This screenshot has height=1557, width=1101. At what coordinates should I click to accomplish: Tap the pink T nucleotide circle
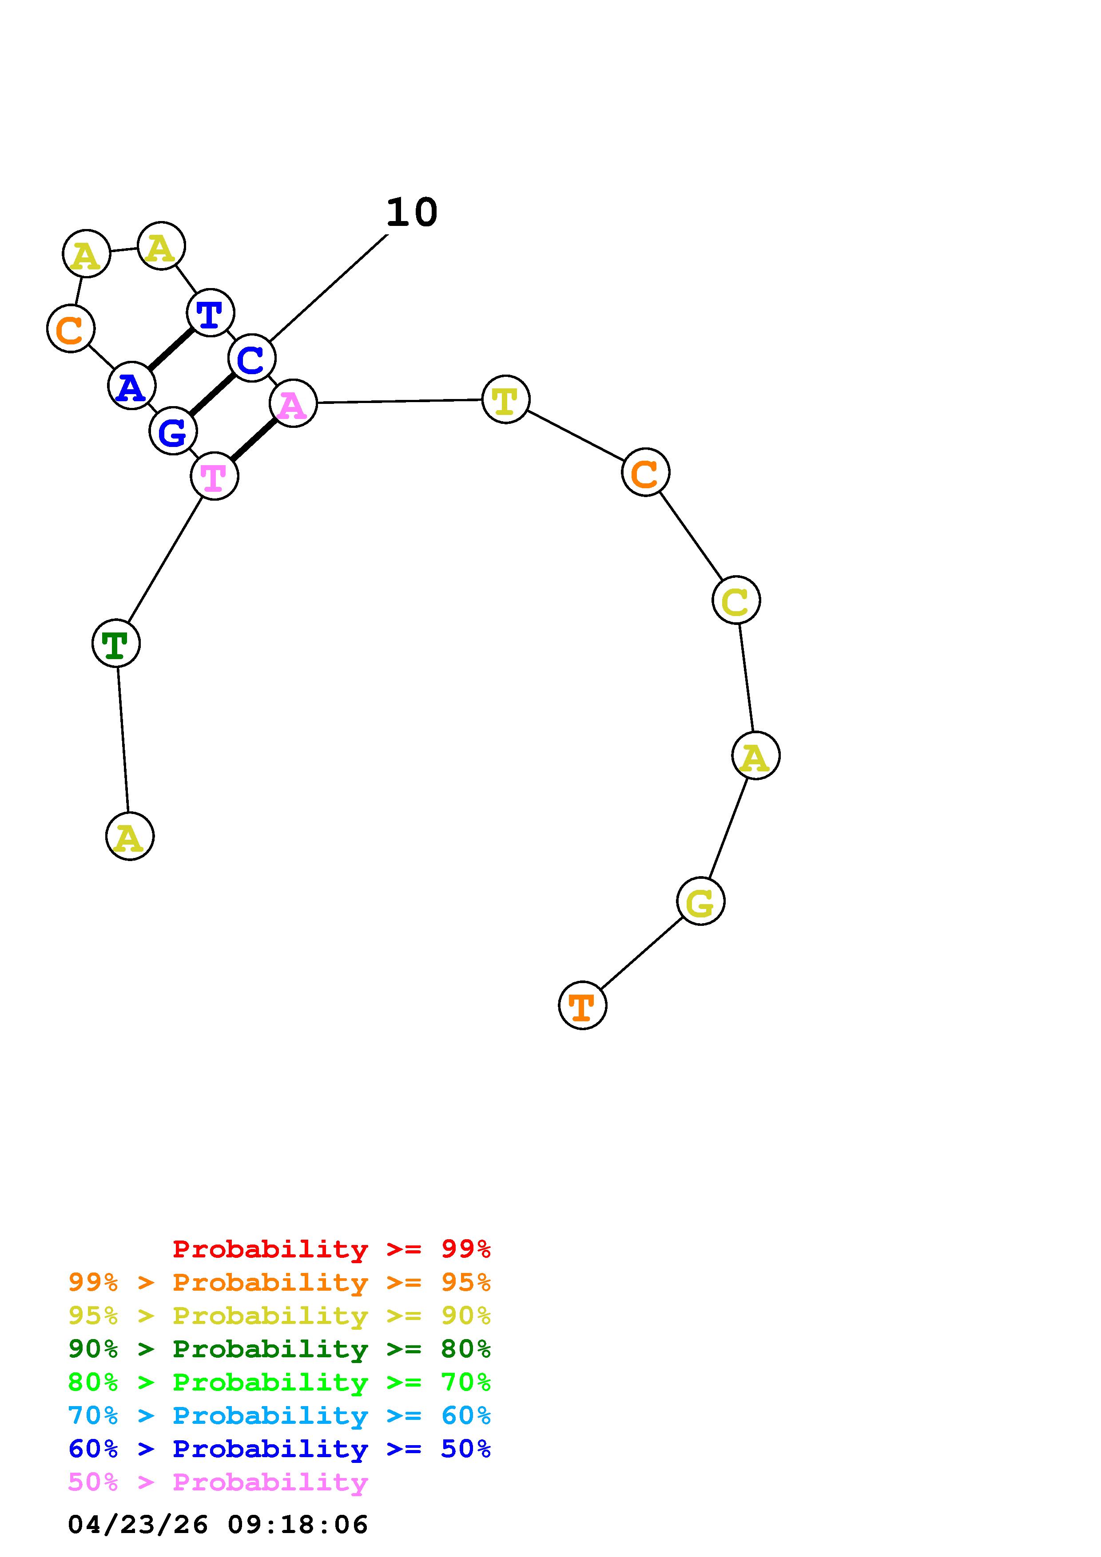coord(215,476)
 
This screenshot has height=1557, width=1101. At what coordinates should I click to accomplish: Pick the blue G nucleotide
coord(173,431)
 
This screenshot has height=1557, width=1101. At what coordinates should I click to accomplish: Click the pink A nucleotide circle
coord(293,403)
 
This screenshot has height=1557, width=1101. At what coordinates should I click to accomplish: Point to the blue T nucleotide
coord(210,312)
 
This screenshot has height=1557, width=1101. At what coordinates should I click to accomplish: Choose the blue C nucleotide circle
coord(252,358)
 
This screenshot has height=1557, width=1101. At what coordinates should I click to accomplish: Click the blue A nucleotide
coord(131,385)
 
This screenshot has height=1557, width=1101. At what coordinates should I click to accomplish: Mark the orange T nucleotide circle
coord(583,1005)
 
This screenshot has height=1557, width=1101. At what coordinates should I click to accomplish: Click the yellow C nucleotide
coord(736,600)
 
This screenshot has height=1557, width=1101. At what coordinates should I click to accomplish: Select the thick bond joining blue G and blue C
coord(212,395)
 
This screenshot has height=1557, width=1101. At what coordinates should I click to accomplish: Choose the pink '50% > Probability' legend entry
coord(218,1482)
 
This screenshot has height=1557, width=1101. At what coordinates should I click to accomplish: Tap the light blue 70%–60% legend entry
coord(279,1415)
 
